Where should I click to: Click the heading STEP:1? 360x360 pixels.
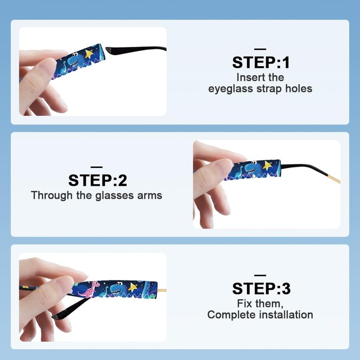pos(261,63)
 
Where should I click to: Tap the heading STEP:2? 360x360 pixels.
pos(98,180)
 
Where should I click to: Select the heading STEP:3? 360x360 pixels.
pos(261,288)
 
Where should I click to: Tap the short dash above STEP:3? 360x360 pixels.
pos(260,275)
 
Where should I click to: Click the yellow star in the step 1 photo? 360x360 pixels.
pos(89,54)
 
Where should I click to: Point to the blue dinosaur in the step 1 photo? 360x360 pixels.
pos(73,60)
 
